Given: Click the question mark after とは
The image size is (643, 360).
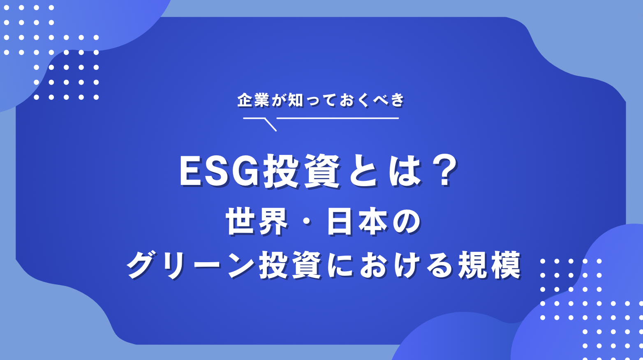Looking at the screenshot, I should coord(445,172).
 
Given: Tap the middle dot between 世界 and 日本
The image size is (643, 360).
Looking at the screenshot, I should coord(307,222).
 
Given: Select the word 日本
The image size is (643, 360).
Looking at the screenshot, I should coord(357,222).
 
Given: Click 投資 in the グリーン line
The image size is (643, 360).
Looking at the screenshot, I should coord(290,265).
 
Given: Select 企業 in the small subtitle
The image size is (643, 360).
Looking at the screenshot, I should coord(253,100).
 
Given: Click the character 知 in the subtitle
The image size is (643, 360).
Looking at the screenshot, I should coord(295,100).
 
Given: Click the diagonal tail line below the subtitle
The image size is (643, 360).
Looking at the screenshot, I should coord(270,125).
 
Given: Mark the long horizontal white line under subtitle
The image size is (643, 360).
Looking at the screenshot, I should coord(337,118).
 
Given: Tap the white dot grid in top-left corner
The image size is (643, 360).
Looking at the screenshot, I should coord(51,53).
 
